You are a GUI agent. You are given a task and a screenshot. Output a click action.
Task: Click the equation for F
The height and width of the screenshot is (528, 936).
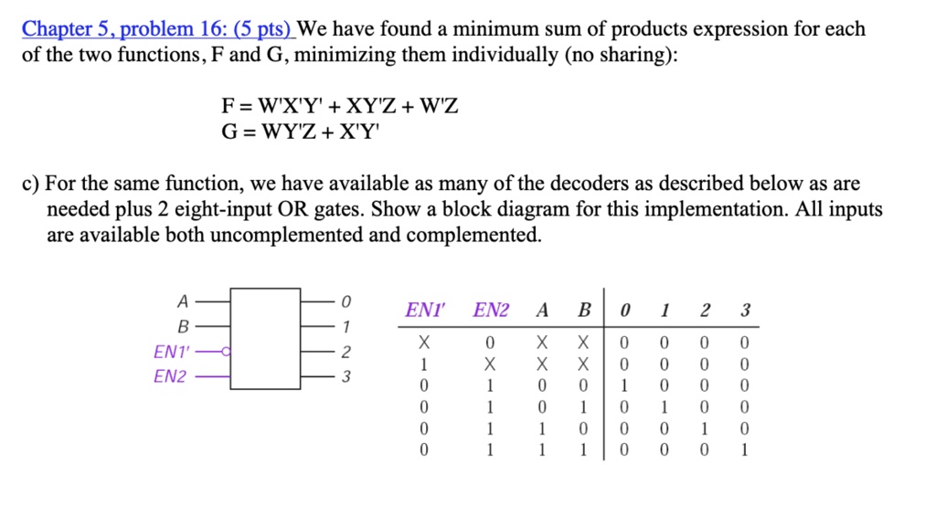coord(340,106)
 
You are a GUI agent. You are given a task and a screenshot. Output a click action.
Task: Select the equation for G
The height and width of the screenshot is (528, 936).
coord(300,131)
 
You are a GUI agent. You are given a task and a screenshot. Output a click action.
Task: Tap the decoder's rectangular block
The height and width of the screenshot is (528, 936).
coord(265,339)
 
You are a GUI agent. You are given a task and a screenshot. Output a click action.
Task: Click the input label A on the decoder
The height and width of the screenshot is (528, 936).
coord(183,301)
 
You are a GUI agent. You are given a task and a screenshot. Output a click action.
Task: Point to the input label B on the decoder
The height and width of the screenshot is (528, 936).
coord(183,326)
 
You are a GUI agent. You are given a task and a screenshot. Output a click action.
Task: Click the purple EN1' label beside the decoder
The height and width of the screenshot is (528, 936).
coord(171,352)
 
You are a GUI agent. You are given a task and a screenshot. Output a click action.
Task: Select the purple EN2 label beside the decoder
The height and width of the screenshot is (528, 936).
coord(170,376)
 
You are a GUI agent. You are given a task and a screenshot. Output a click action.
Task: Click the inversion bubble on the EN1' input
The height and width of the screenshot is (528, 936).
coord(226,352)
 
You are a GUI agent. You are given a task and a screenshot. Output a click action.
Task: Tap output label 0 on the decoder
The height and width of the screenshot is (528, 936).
coord(346,301)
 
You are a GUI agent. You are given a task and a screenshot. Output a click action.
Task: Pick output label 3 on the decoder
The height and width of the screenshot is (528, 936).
coord(346,376)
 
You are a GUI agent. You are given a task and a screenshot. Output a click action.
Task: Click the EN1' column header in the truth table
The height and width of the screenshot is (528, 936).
coord(425,311)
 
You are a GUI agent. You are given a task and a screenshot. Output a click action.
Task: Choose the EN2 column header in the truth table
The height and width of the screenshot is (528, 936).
coord(491,311)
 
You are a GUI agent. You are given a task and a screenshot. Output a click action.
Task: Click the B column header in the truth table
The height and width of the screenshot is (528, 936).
coord(584,311)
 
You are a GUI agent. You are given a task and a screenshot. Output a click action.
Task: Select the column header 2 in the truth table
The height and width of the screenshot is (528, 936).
coord(705,311)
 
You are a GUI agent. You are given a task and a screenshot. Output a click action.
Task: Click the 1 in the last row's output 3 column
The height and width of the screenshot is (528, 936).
coord(744,449)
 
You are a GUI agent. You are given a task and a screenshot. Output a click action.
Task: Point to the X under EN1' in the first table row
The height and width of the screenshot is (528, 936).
coord(424,343)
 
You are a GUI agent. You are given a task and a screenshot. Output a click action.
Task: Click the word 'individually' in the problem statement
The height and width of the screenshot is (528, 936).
coord(505,54)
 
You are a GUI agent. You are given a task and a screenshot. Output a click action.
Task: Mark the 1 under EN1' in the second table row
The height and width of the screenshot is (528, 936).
coord(424,364)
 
